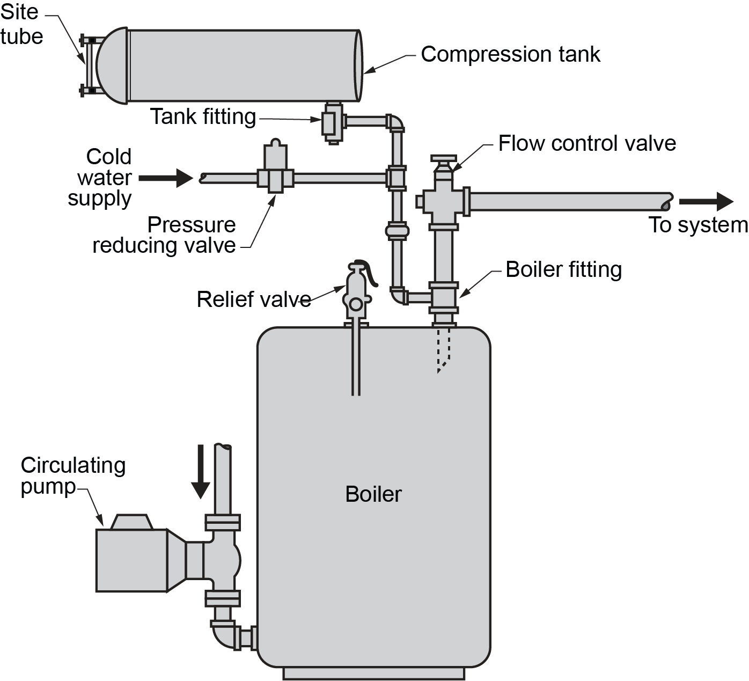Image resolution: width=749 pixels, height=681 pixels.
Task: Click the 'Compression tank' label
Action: click(x=510, y=54)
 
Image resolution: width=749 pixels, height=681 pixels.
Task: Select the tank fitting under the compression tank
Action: click(x=332, y=123)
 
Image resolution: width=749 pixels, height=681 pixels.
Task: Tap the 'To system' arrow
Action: click(x=706, y=202)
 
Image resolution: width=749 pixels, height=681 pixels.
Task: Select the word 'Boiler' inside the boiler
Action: click(x=373, y=494)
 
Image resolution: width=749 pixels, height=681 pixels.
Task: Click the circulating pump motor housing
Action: click(x=131, y=560)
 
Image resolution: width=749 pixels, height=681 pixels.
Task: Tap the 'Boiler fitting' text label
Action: click(x=563, y=269)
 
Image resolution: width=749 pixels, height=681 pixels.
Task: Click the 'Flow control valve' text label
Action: click(x=587, y=143)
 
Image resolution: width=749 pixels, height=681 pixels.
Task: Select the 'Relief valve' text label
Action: click(x=253, y=299)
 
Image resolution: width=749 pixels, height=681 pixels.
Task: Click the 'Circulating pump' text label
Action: click(x=72, y=476)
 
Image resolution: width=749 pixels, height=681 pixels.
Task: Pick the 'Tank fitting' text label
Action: click(x=203, y=116)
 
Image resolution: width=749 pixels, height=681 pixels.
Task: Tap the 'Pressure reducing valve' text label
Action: click(x=164, y=235)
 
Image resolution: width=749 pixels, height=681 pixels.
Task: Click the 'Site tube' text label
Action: click(x=21, y=25)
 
